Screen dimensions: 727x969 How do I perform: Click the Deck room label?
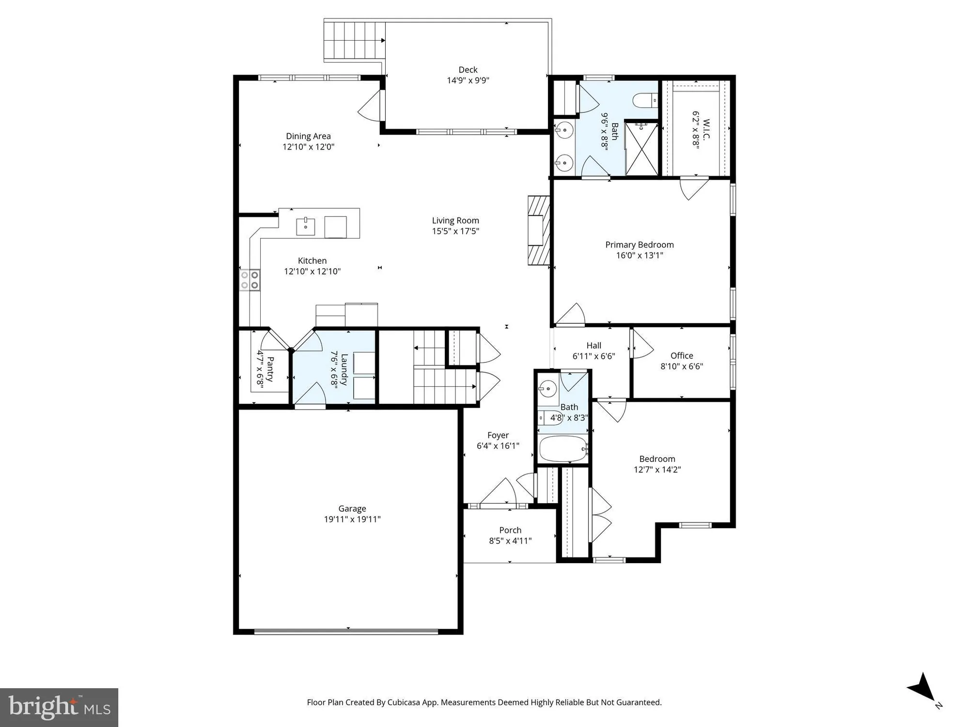click(x=468, y=70)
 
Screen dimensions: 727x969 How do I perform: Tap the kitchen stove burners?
click(x=250, y=280)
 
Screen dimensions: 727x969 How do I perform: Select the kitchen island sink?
click(x=306, y=226)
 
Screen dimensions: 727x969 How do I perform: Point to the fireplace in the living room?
click(x=539, y=230)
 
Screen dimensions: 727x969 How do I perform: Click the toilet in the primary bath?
click(x=644, y=100)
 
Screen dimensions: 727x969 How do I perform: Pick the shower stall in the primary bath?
click(x=641, y=149)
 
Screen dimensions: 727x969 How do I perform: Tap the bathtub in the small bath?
click(x=563, y=449)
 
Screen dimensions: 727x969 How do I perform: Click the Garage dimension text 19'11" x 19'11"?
click(x=352, y=520)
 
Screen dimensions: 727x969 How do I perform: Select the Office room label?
click(x=682, y=356)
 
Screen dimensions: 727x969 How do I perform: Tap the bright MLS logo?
click(x=59, y=708)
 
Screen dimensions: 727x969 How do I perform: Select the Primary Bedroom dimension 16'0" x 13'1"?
click(x=640, y=255)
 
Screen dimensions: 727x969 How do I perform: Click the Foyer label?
click(x=498, y=435)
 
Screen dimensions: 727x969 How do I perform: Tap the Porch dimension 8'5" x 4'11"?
click(x=510, y=541)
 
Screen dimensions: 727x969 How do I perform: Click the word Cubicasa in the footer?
click(x=404, y=702)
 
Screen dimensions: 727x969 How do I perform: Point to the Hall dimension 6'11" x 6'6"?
click(x=594, y=356)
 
